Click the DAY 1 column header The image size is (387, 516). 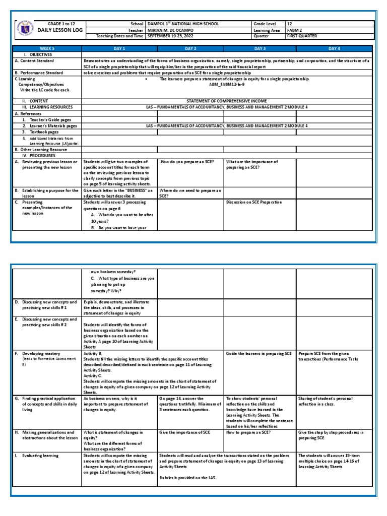(120, 48)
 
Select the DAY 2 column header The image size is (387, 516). (190, 48)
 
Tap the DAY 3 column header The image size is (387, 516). (260, 48)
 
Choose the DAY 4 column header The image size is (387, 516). (335, 48)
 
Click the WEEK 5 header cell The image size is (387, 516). (47, 48)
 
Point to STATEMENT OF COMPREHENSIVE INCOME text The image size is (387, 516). (227, 101)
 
